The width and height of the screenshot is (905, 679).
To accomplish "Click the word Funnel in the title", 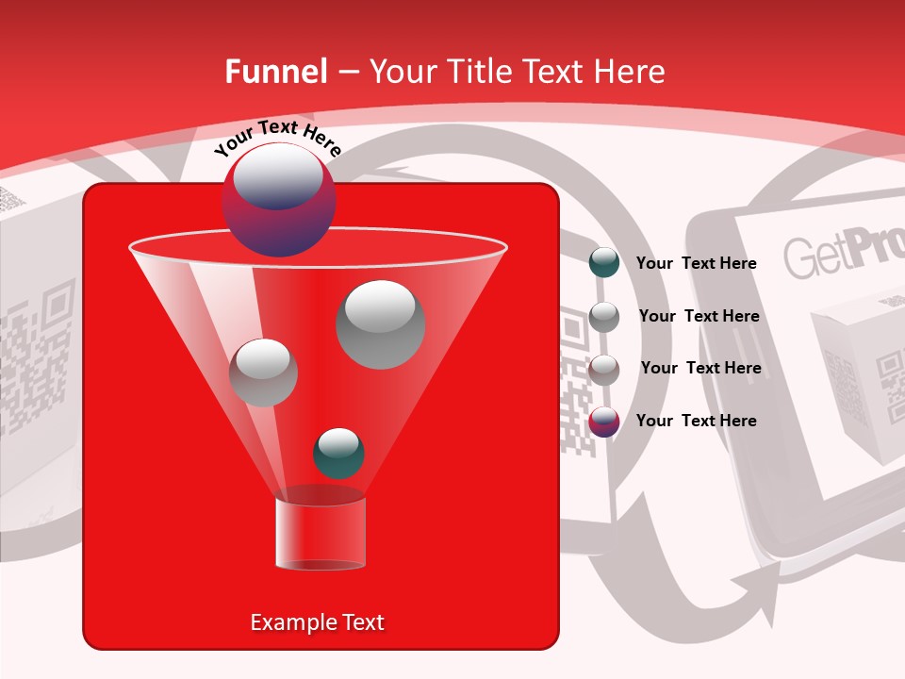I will pyautogui.click(x=275, y=72).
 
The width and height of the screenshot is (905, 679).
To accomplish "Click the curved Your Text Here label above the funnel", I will pyautogui.click(x=277, y=138).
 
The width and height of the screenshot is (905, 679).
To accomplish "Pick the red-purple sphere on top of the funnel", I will pyautogui.click(x=278, y=200).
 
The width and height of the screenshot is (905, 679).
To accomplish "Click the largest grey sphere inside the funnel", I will pyautogui.click(x=380, y=323).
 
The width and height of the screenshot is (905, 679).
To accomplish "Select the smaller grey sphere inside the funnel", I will pyautogui.click(x=263, y=373).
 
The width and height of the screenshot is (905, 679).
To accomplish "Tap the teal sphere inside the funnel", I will pyautogui.click(x=338, y=454).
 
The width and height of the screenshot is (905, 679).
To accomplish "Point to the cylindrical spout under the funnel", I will pyautogui.click(x=321, y=534).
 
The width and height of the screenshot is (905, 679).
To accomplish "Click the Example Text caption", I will pyautogui.click(x=318, y=622).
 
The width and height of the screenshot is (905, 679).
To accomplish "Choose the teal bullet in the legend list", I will pyautogui.click(x=604, y=263).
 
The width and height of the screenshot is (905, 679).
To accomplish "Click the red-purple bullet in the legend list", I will pyautogui.click(x=604, y=422).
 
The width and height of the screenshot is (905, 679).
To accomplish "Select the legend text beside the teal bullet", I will pyautogui.click(x=697, y=263).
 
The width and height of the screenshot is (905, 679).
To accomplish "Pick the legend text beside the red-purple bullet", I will pyautogui.click(x=697, y=421).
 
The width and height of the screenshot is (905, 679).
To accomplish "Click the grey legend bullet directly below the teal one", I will pyautogui.click(x=604, y=317).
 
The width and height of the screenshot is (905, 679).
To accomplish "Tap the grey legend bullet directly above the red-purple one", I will pyautogui.click(x=604, y=369).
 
